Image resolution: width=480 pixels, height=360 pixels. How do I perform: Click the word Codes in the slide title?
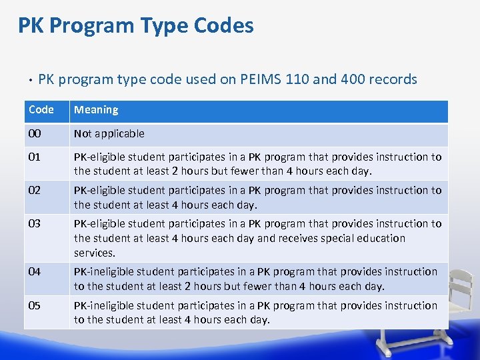(x=223, y=26)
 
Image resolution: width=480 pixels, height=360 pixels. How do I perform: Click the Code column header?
(x=41, y=110)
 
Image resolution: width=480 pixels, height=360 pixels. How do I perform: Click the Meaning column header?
(x=96, y=110)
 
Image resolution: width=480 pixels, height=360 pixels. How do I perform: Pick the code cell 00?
(x=35, y=134)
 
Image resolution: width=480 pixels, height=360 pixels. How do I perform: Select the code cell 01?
(x=35, y=157)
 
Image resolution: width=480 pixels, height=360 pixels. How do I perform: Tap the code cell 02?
(x=35, y=191)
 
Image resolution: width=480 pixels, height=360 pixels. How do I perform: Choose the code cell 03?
(x=35, y=224)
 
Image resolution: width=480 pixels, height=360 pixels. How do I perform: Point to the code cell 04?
(x=35, y=272)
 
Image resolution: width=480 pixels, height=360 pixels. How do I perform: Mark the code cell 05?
(x=35, y=306)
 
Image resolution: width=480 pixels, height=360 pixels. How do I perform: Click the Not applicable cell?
(x=109, y=134)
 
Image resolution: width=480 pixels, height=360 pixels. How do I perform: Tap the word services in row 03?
(x=95, y=253)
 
